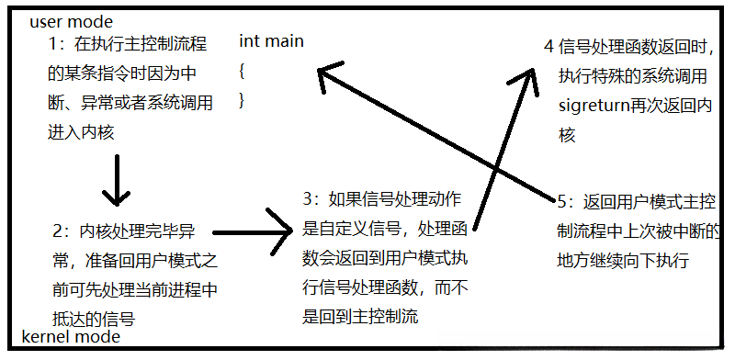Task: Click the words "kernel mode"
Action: click(70, 337)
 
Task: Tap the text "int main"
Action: click(271, 41)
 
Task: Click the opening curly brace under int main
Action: click(242, 70)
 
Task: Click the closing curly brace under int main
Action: click(242, 99)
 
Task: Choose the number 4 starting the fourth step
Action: click(548, 46)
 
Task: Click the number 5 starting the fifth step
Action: click(563, 200)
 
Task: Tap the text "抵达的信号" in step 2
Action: click(95, 319)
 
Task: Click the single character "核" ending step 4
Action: click(567, 135)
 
